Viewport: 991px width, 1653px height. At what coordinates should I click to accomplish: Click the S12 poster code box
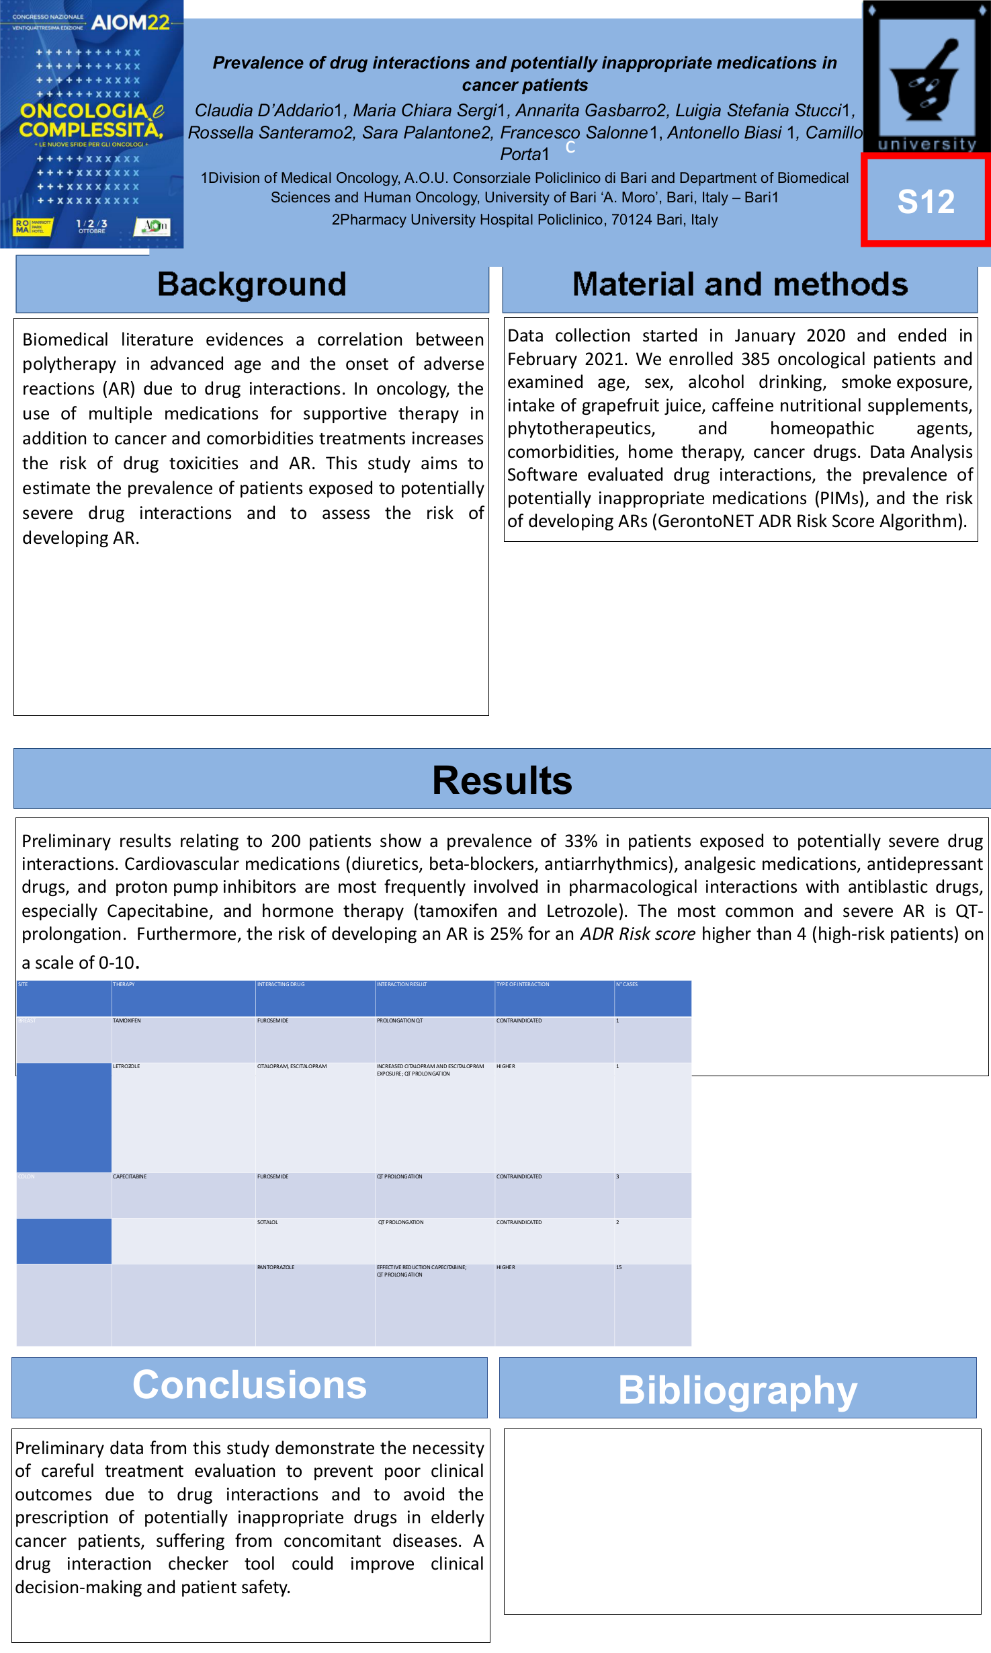pyautogui.click(x=926, y=201)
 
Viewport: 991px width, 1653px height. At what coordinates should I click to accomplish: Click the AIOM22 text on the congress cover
pyautogui.click(x=130, y=23)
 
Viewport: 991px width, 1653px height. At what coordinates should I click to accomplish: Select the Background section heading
pyautogui.click(x=251, y=284)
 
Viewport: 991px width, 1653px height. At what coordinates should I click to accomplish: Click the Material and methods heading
pyautogui.click(x=740, y=284)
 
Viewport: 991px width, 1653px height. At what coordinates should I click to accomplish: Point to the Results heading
pyautogui.click(x=502, y=780)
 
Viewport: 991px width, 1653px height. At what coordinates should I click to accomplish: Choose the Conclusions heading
pyautogui.click(x=249, y=1384)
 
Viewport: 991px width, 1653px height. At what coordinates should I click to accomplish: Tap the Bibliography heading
pyautogui.click(x=737, y=1389)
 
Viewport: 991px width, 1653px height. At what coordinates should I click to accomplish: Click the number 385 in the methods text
pyautogui.click(x=755, y=359)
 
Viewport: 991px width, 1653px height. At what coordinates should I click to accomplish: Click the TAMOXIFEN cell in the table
pyautogui.click(x=127, y=1020)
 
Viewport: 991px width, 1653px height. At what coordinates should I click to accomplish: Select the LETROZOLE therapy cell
pyautogui.click(x=126, y=1066)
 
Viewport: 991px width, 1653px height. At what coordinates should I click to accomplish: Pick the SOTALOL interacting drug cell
pyautogui.click(x=267, y=1222)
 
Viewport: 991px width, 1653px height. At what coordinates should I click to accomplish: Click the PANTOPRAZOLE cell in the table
pyautogui.click(x=275, y=1267)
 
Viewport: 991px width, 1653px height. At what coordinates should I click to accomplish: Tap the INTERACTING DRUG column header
pyautogui.click(x=281, y=984)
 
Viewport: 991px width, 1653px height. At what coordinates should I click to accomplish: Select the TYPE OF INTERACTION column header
pyautogui.click(x=523, y=984)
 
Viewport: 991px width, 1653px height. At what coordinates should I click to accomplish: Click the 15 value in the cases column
pyautogui.click(x=619, y=1267)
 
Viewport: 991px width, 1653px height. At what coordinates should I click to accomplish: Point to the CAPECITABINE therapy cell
pyautogui.click(x=130, y=1176)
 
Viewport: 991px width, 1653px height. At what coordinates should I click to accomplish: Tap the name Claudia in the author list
pyautogui.click(x=225, y=110)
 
